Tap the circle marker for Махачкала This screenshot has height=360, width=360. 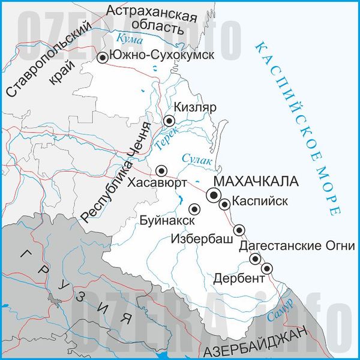(214, 194)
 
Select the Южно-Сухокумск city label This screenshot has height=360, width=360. (164, 56)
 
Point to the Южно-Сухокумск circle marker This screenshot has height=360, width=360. (103, 57)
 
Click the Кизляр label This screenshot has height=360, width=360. (194, 108)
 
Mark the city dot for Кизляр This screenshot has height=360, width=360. (170, 121)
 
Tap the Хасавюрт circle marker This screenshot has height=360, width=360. (161, 170)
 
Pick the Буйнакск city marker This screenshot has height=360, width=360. (194, 209)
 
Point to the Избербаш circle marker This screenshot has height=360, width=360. (239, 229)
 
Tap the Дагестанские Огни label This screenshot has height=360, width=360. (297, 247)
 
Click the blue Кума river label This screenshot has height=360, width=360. (132, 39)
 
